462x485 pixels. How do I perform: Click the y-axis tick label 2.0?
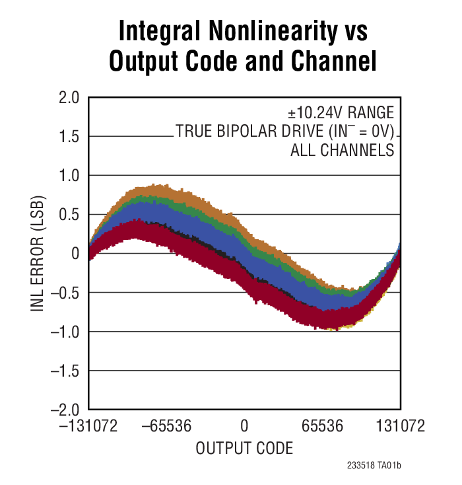pos(69,98)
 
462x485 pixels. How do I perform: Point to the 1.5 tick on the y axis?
pos(69,137)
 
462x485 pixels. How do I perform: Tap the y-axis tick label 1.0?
pos(69,176)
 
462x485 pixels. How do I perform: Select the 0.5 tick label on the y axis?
pos(69,215)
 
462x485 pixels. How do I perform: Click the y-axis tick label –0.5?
pos(64,293)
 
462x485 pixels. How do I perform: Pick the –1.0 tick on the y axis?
pos(64,332)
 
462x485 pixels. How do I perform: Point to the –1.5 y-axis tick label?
pos(64,371)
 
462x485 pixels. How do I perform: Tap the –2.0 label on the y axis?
pos(64,410)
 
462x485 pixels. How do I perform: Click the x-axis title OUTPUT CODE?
pos(244,448)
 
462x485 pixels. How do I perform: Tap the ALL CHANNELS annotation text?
pos(342,150)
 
